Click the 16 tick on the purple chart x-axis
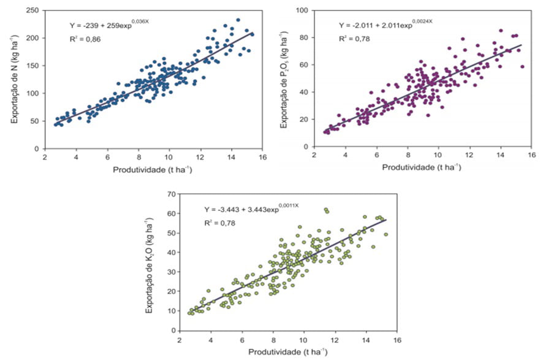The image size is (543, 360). pos(531,157)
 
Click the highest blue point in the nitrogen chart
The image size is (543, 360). pos(238,20)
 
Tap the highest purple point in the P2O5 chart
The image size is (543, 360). pos(501,30)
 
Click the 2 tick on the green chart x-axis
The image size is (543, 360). pos(180,340)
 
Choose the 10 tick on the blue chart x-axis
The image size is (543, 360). pos(170,157)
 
